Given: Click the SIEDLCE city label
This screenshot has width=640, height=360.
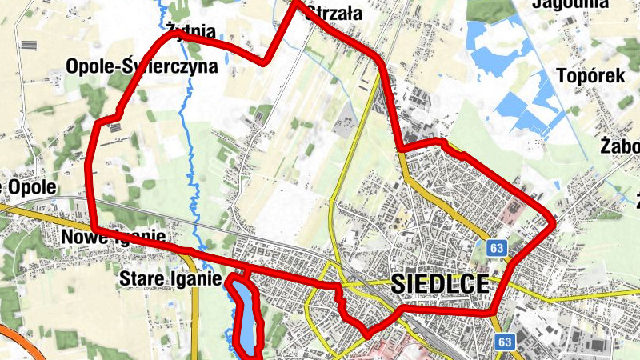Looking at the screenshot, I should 439,284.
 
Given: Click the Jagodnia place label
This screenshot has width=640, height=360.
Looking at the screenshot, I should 570,3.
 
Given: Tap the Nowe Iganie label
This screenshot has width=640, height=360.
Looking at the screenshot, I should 113,237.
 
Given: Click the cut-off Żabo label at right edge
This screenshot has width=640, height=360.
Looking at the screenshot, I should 619,147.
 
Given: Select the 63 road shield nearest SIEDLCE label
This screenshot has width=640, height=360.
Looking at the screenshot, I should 497,249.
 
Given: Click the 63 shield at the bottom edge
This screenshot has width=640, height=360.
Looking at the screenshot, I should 503,342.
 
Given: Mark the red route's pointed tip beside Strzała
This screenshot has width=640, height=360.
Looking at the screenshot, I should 294,3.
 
